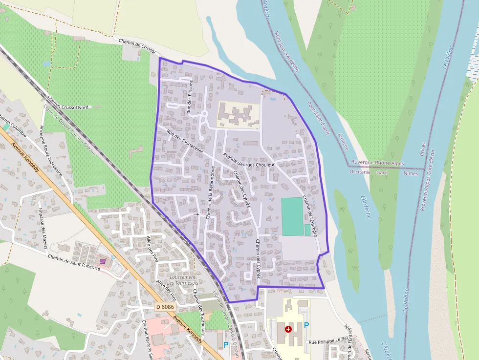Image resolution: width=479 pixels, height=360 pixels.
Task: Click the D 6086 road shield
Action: tap(165, 307)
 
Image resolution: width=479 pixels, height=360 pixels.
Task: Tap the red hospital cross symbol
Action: tap(288, 329)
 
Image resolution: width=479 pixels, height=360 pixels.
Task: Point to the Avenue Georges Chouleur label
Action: tap(249, 161)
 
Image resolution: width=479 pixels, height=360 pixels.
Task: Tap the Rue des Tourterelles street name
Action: tap(184, 142)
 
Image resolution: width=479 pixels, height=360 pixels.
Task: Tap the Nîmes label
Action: tap(411, 173)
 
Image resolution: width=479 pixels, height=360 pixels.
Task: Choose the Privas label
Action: tap(423, 149)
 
